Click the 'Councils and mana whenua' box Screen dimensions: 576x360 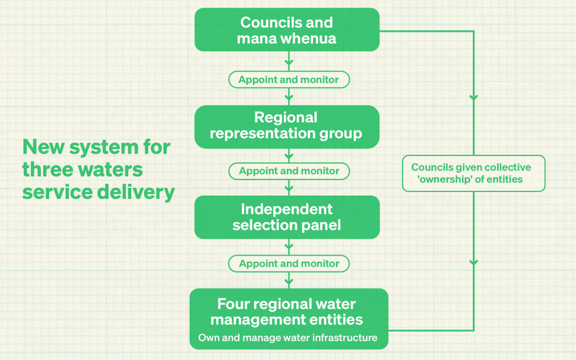tap(287, 30)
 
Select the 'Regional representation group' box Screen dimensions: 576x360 tap(287, 127)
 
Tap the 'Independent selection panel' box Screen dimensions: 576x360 tap(287, 217)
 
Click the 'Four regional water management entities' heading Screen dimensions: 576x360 tap(286, 312)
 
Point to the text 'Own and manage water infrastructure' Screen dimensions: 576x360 tap(288, 338)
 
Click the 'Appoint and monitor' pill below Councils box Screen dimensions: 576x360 tap(289, 80)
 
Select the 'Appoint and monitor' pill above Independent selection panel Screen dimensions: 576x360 tap(289, 171)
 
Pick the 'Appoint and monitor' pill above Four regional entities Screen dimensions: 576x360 tap(289, 264)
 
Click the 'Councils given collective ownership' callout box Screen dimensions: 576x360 tap(474, 173)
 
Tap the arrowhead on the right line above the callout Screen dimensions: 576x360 tap(474, 97)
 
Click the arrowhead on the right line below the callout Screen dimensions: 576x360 tap(474, 262)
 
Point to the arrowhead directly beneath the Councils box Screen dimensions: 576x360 tap(289, 62)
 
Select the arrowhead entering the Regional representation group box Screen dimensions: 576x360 tap(289, 98)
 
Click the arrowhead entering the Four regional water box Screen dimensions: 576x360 tap(289, 281)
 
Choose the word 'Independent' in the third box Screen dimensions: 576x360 tap(286, 209)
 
